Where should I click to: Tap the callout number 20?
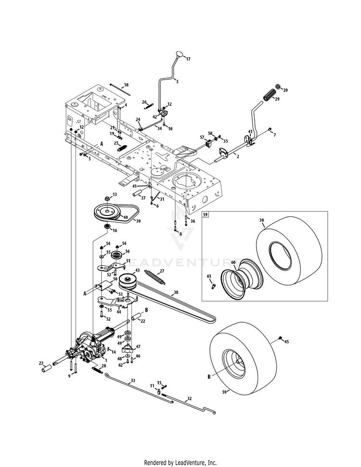285,90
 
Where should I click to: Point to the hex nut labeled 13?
107,197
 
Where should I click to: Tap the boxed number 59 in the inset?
206,215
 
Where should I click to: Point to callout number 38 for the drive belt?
176,292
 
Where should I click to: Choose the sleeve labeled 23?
47,370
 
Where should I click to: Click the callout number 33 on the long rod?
133,380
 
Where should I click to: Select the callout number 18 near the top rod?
126,85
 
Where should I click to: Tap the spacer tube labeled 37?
139,194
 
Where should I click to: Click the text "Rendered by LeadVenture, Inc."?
180,462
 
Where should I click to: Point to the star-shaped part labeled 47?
128,349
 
